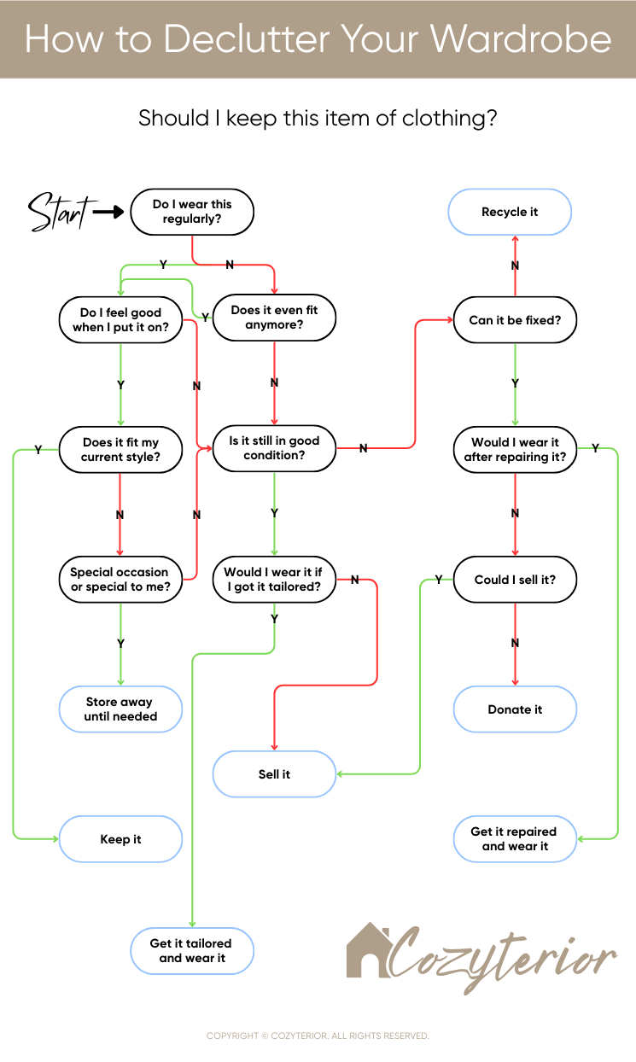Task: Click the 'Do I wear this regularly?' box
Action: click(x=192, y=212)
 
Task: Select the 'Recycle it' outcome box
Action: click(x=510, y=212)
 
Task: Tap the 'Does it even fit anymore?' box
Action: click(x=274, y=318)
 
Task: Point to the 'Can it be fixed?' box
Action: click(x=515, y=320)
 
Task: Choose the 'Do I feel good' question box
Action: click(x=120, y=320)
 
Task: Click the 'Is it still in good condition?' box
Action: click(x=274, y=448)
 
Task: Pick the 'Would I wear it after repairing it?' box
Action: click(x=515, y=450)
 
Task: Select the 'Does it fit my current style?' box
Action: click(x=120, y=450)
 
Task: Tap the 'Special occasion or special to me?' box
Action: click(x=120, y=580)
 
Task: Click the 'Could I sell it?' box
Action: click(x=515, y=580)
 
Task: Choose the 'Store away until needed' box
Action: click(x=120, y=709)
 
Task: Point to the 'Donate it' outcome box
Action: click(x=515, y=709)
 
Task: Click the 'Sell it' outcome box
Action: click(x=274, y=774)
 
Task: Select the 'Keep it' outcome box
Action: click(x=120, y=839)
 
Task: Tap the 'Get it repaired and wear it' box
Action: click(x=515, y=839)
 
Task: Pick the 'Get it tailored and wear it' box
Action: click(x=191, y=951)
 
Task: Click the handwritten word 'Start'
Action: click(x=57, y=212)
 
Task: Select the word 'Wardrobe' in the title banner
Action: click(x=521, y=39)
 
